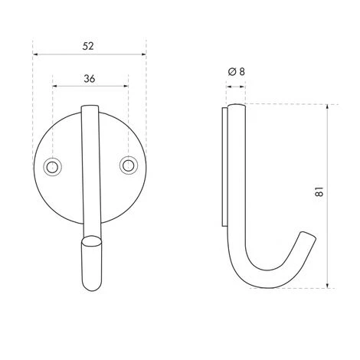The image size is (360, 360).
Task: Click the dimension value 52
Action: [88, 46]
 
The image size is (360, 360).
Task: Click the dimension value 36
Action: [90, 79]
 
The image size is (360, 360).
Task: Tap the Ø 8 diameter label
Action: [237, 72]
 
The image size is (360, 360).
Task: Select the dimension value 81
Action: [319, 191]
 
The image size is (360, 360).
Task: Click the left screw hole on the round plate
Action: [52, 167]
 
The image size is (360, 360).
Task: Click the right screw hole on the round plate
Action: [128, 165]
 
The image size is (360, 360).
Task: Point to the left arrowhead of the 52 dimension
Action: [35, 54]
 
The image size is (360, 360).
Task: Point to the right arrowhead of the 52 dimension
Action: [143, 54]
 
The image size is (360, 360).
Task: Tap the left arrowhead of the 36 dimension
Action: [55, 86]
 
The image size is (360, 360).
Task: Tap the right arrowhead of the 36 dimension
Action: [126, 86]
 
